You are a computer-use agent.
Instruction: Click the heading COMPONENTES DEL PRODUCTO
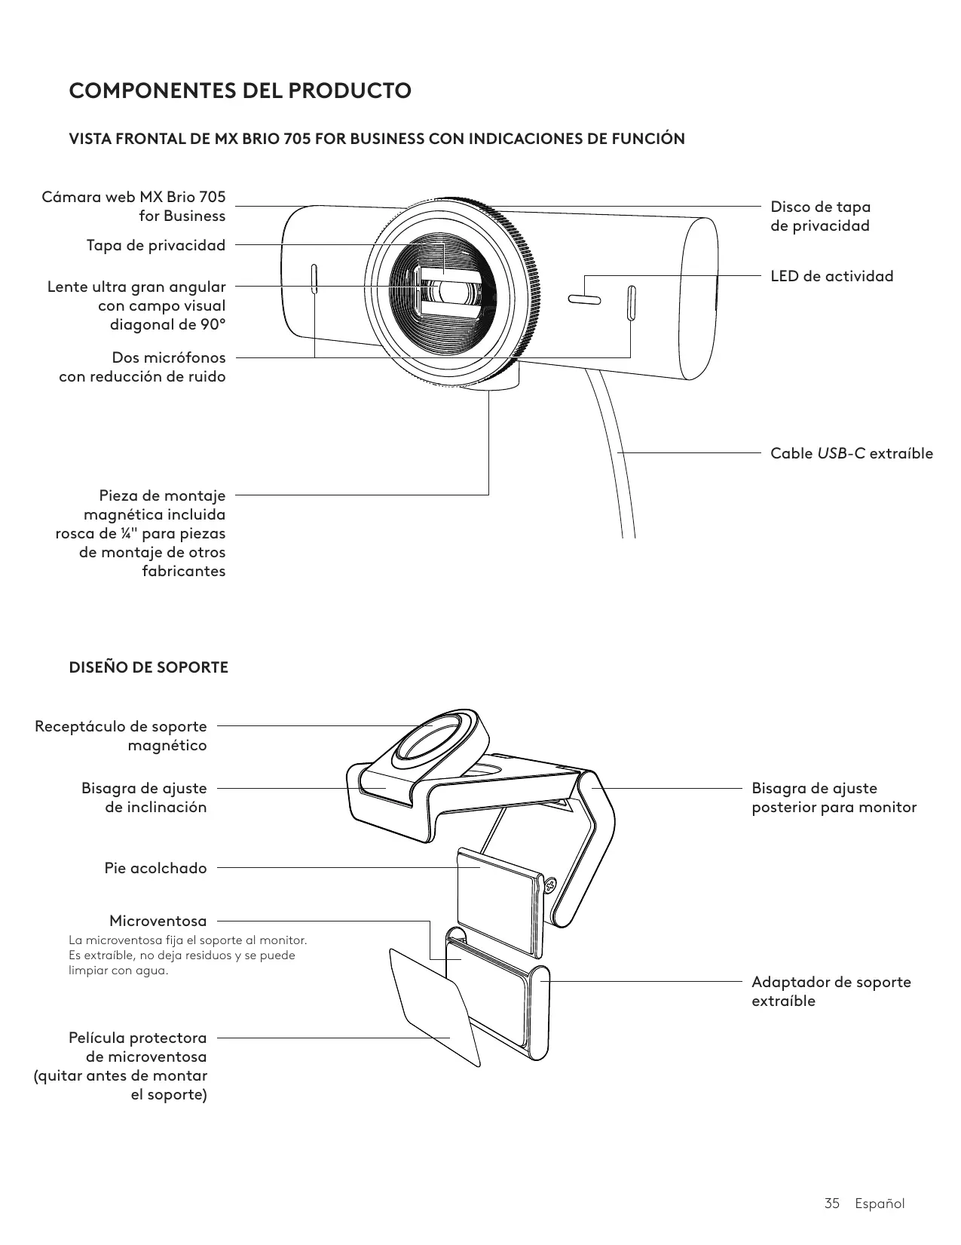click(x=240, y=91)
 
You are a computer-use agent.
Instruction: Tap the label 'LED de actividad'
click(x=831, y=276)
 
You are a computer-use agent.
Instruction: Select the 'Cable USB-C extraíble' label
click(x=851, y=453)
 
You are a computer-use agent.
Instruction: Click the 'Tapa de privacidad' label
click(x=156, y=245)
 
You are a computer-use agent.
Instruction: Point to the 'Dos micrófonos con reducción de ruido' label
click(x=142, y=366)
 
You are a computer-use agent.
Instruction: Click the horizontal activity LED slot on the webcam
click(x=584, y=300)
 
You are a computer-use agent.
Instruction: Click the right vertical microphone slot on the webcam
click(x=631, y=302)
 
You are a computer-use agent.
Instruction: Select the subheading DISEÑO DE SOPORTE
click(x=148, y=667)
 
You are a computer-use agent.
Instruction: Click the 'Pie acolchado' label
click(x=155, y=868)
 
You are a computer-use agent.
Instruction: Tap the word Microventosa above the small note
click(x=158, y=921)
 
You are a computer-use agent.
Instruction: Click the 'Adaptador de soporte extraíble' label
click(x=831, y=991)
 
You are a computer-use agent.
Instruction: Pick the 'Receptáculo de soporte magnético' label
click(x=121, y=735)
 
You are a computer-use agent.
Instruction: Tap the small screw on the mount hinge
click(x=549, y=883)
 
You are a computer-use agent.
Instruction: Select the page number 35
click(x=831, y=1203)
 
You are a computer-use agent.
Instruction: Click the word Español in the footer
click(x=880, y=1203)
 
